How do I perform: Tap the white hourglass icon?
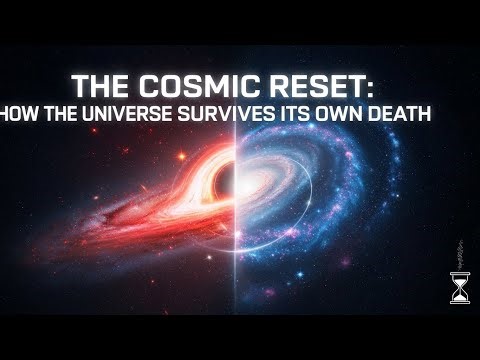click(x=459, y=286)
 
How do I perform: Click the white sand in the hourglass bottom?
click(x=459, y=295)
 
